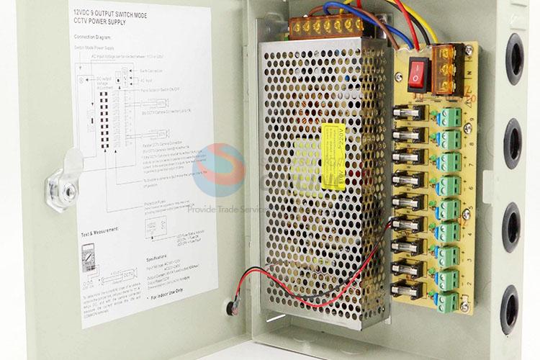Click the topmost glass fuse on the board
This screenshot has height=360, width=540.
coord(413,114)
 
